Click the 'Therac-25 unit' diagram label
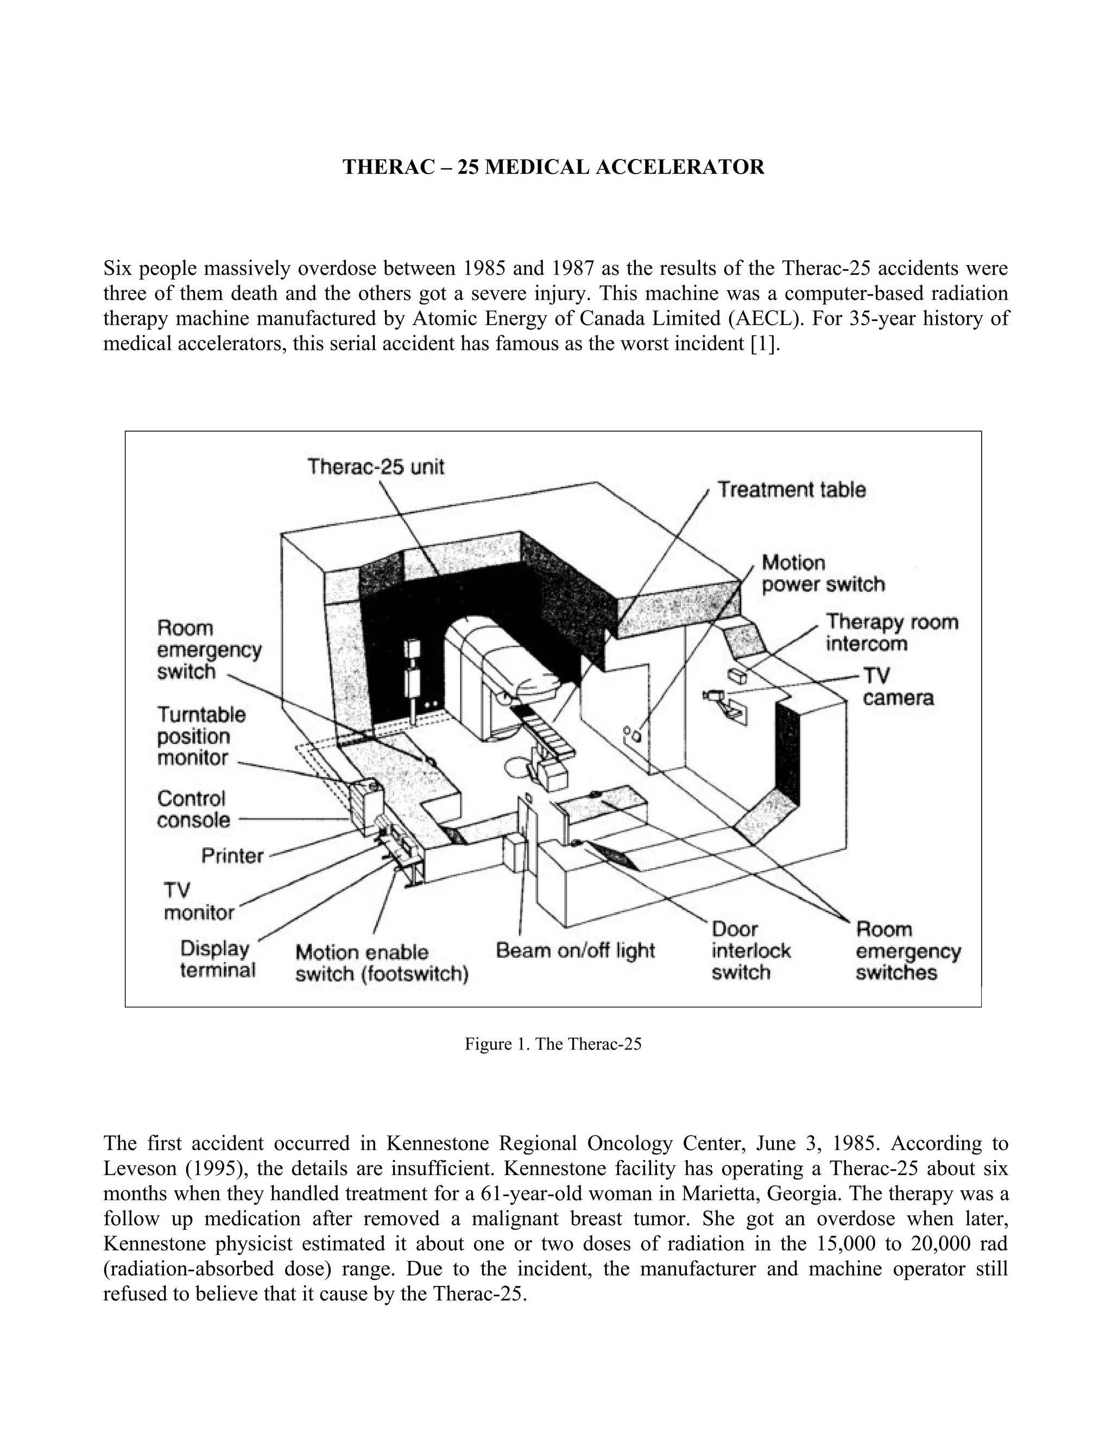click(376, 467)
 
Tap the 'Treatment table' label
click(791, 490)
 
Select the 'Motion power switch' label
click(823, 574)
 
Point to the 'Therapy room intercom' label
click(892, 633)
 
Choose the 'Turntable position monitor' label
click(201, 736)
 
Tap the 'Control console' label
click(194, 809)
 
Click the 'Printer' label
click(232, 856)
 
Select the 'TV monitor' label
click(198, 901)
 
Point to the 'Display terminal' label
click(217, 960)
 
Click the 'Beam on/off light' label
click(575, 951)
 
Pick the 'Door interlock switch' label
click(750, 951)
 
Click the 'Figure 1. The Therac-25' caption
click(553, 1044)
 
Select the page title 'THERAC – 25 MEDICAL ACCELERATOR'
click(553, 167)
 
